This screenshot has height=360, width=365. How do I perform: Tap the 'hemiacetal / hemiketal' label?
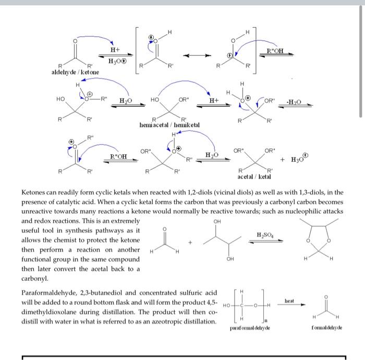tap(169, 125)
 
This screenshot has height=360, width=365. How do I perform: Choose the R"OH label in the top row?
tap(276, 51)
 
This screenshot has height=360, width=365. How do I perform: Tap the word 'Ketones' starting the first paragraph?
tap(35, 192)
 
